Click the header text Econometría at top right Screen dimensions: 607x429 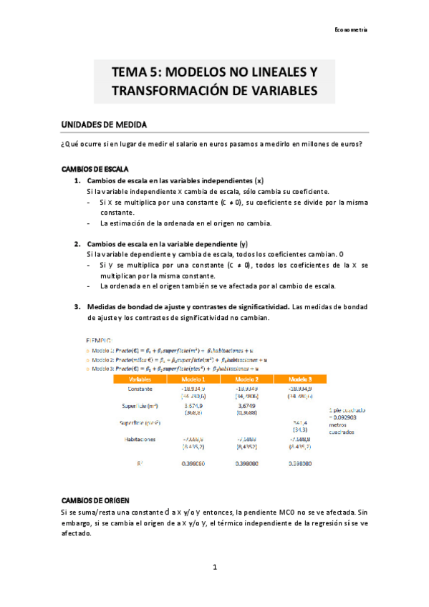(x=351, y=29)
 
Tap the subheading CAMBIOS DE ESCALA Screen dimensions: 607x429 (x=95, y=170)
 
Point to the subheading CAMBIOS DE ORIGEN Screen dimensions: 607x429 (x=95, y=498)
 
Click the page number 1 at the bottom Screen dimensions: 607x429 (x=213, y=567)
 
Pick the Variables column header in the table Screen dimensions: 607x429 (x=139, y=379)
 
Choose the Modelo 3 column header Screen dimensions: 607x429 (x=299, y=379)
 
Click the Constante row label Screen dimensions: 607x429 (x=139, y=389)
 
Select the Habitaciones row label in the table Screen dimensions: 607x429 (x=139, y=440)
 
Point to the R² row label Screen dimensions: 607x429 (x=139, y=464)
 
